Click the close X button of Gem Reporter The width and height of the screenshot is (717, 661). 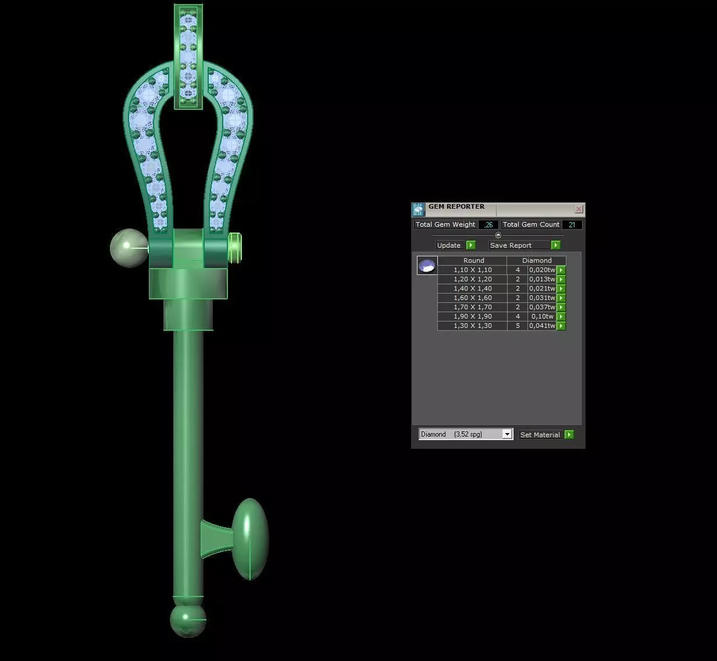[579, 209]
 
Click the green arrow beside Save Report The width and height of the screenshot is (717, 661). [555, 245]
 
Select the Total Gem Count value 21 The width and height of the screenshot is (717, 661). [572, 225]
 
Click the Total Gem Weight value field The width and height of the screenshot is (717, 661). [488, 225]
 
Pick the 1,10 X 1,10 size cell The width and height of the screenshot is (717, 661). [472, 270]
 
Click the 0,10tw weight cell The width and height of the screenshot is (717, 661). [542, 316]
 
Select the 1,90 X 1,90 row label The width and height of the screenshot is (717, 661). [472, 316]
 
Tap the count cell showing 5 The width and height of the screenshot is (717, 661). [518, 326]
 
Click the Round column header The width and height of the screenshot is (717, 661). [473, 260]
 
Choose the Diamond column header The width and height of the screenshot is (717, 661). [536, 260]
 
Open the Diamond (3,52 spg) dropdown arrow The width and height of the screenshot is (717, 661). [507, 434]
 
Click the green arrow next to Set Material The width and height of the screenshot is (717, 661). [569, 434]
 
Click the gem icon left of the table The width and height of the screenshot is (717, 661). [427, 266]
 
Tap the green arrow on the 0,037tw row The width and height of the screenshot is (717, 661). [561, 307]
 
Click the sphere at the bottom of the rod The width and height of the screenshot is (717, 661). [188, 620]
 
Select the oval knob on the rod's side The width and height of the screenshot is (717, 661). [250, 539]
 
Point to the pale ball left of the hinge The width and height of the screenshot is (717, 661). [129, 248]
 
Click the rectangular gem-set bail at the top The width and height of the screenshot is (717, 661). [188, 56]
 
